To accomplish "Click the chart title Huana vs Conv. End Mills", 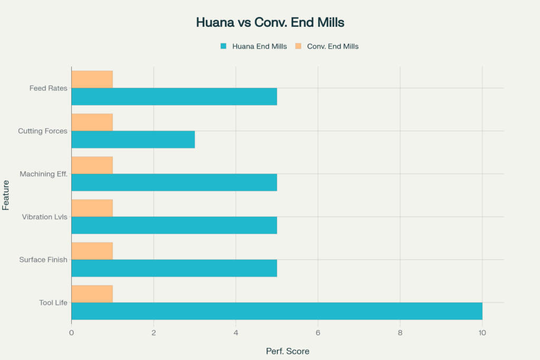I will [270, 23].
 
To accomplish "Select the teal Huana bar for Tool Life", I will [277, 311].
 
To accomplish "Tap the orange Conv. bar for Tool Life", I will [92, 294].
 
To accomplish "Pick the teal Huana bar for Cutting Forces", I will [133, 140].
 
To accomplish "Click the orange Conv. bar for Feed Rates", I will [92, 79].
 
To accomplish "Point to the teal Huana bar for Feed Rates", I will [174, 96].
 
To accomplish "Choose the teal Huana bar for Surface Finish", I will [174, 268].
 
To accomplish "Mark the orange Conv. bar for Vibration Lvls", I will [92, 208].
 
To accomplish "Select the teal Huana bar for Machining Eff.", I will [174, 182].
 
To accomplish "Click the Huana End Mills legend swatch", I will [223, 46].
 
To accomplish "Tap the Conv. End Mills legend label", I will [333, 46].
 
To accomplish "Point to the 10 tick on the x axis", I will [482, 333].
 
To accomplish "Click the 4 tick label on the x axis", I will [236, 333].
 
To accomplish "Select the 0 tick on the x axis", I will [72, 333].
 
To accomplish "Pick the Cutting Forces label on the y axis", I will [43, 131].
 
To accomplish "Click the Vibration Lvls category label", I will [44, 217].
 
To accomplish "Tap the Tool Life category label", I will [53, 303].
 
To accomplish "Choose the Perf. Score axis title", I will [287, 351].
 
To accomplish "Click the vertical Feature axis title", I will [6, 195].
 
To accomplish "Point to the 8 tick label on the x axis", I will [400, 333].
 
